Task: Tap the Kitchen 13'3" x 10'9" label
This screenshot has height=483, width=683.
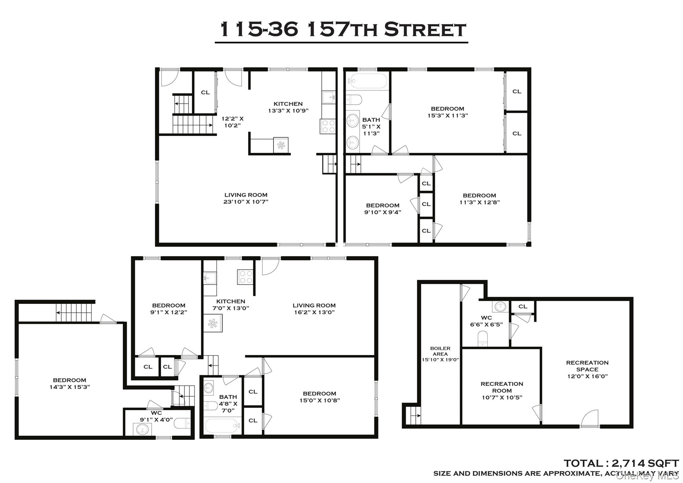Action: [x=288, y=107]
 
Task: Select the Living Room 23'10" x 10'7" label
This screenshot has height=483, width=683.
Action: [x=246, y=198]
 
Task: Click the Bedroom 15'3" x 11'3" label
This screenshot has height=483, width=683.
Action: [x=447, y=112]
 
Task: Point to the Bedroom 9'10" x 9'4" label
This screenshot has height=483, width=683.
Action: [x=383, y=209]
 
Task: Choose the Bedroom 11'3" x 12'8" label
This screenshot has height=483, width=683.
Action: [x=479, y=199]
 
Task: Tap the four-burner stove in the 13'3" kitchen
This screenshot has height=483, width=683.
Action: [x=327, y=126]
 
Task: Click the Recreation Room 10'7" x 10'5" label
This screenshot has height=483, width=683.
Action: [x=502, y=391]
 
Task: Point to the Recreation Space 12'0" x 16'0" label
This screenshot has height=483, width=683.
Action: [x=587, y=369]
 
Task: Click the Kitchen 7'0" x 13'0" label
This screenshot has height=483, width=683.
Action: [x=230, y=305]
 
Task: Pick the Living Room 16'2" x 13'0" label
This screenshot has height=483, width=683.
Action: [x=314, y=309]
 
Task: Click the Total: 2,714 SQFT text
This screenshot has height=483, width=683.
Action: [x=621, y=463]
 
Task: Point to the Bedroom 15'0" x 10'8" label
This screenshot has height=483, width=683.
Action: [x=319, y=397]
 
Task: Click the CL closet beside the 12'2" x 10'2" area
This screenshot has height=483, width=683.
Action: [x=205, y=92]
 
